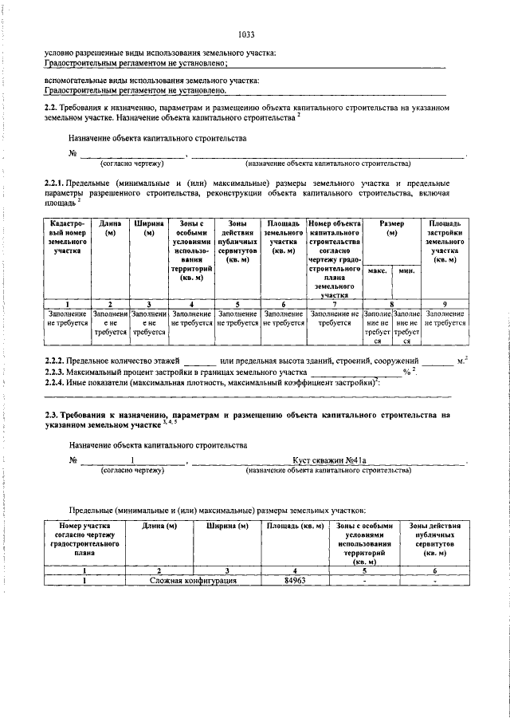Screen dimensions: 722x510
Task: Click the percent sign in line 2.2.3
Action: tap(406, 373)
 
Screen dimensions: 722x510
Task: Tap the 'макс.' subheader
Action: tap(377, 271)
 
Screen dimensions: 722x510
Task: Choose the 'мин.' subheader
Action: tap(406, 271)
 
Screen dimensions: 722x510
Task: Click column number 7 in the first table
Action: tap(335, 304)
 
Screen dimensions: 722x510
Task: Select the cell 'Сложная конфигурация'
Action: tap(194, 581)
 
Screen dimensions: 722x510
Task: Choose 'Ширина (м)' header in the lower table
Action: tap(228, 526)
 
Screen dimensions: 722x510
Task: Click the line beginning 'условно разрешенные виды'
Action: tap(159, 53)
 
